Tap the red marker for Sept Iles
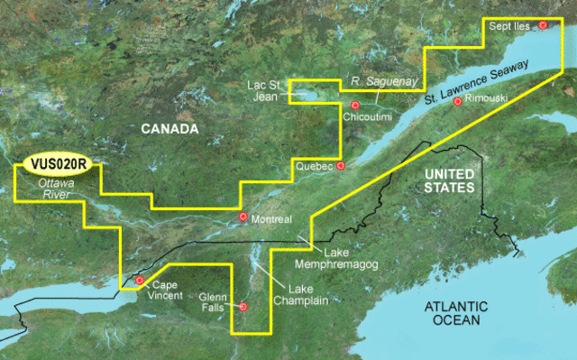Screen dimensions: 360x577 [543, 26]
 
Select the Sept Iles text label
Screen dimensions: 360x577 [510, 27]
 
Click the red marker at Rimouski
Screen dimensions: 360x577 [458, 102]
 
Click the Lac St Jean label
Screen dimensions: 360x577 [266, 91]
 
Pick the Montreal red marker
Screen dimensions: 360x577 [243, 217]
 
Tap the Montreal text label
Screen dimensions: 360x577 [271, 218]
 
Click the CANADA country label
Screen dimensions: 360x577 [169, 131]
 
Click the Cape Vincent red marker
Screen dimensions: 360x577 [140, 282]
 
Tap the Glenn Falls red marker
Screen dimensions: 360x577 [243, 307]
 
